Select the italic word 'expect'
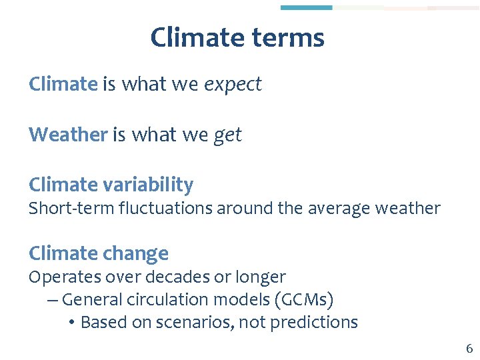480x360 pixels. [233, 85]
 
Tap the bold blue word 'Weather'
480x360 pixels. [68, 135]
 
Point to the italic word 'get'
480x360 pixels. [227, 136]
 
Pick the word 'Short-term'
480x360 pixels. [71, 209]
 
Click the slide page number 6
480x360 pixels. [469, 349]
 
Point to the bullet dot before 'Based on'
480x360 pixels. [71, 323]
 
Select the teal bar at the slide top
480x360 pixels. [306, 7]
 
